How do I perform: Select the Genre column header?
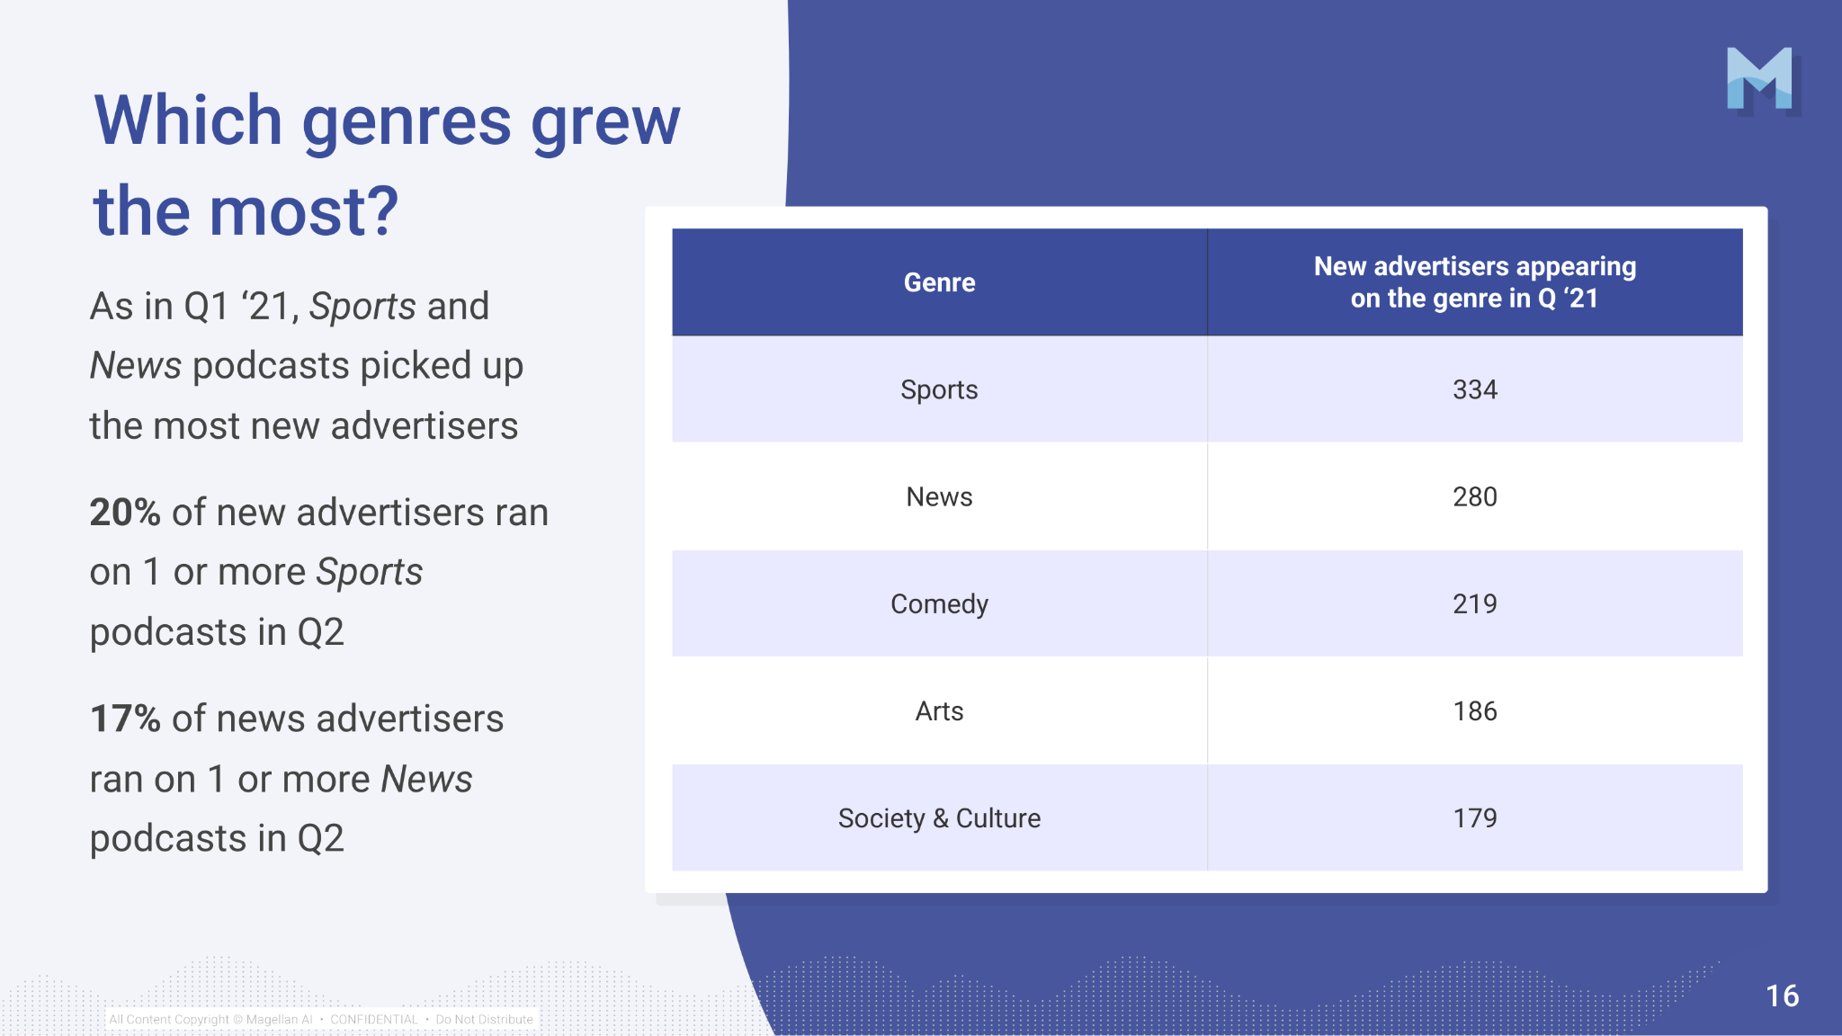(x=939, y=282)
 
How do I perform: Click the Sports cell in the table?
(x=939, y=389)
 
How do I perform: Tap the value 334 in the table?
(x=1475, y=389)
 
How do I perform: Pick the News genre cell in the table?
(x=939, y=496)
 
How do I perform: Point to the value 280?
(x=1475, y=496)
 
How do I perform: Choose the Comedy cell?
(x=939, y=604)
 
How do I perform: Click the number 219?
(x=1475, y=603)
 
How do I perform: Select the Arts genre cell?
(x=939, y=711)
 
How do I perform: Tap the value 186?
(x=1475, y=711)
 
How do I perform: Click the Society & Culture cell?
(x=939, y=818)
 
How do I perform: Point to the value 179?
(x=1475, y=818)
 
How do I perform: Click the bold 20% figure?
(x=125, y=513)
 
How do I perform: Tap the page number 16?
(x=1782, y=996)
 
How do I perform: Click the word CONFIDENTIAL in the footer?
(x=374, y=1019)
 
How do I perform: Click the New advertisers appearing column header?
(x=1475, y=282)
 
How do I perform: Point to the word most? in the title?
(x=304, y=212)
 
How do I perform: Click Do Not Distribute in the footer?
(x=485, y=1019)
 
